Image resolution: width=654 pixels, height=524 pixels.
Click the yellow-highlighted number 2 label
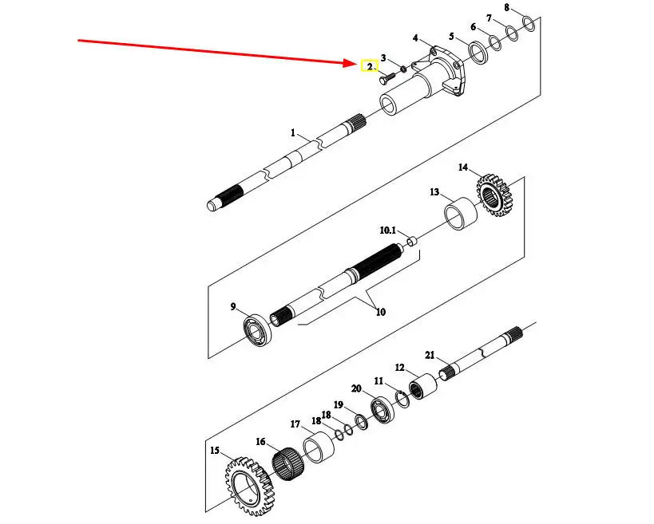pyautogui.click(x=369, y=66)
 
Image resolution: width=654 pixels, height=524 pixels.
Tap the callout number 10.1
pyautogui.click(x=387, y=230)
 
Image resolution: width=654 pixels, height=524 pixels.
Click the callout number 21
pyautogui.click(x=429, y=355)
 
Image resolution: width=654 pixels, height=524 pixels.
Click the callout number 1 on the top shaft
pyautogui.click(x=293, y=132)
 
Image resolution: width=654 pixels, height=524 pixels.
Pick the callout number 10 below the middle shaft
pyautogui.click(x=380, y=312)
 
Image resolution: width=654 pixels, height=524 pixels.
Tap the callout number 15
pyautogui.click(x=214, y=451)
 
